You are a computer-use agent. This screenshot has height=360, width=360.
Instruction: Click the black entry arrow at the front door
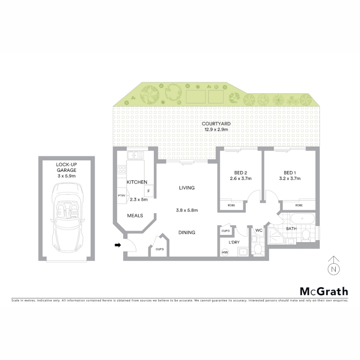[118, 245]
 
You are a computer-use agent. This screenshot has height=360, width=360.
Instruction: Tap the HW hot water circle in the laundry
[225, 252]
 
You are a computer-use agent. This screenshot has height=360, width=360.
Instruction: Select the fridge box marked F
[148, 191]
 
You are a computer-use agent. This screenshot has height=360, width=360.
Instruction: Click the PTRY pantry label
[121, 196]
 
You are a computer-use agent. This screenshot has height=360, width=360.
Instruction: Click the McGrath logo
[324, 292]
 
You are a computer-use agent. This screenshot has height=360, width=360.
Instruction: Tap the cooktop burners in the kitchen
[121, 170]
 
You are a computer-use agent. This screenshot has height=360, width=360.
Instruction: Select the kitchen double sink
[135, 155]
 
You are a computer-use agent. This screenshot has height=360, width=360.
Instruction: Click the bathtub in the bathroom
[302, 219]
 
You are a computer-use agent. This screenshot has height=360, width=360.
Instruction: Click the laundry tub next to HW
[243, 252]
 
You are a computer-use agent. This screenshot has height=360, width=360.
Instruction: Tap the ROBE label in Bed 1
[299, 206]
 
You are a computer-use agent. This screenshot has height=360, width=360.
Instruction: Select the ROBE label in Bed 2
[231, 206]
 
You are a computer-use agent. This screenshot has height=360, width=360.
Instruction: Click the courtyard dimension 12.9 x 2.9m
[216, 130]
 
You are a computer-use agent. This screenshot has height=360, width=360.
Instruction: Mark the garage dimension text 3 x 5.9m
[66, 176]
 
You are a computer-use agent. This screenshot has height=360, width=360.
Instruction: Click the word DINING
[187, 233]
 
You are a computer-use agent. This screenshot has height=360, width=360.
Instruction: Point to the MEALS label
[135, 216]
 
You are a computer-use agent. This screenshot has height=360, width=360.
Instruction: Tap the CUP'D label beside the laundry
[225, 231]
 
